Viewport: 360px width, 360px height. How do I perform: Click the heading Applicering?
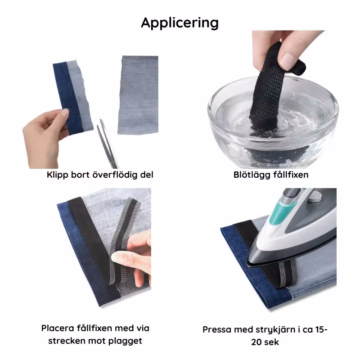(180, 23)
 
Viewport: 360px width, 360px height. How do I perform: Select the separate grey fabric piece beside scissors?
(139, 95)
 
